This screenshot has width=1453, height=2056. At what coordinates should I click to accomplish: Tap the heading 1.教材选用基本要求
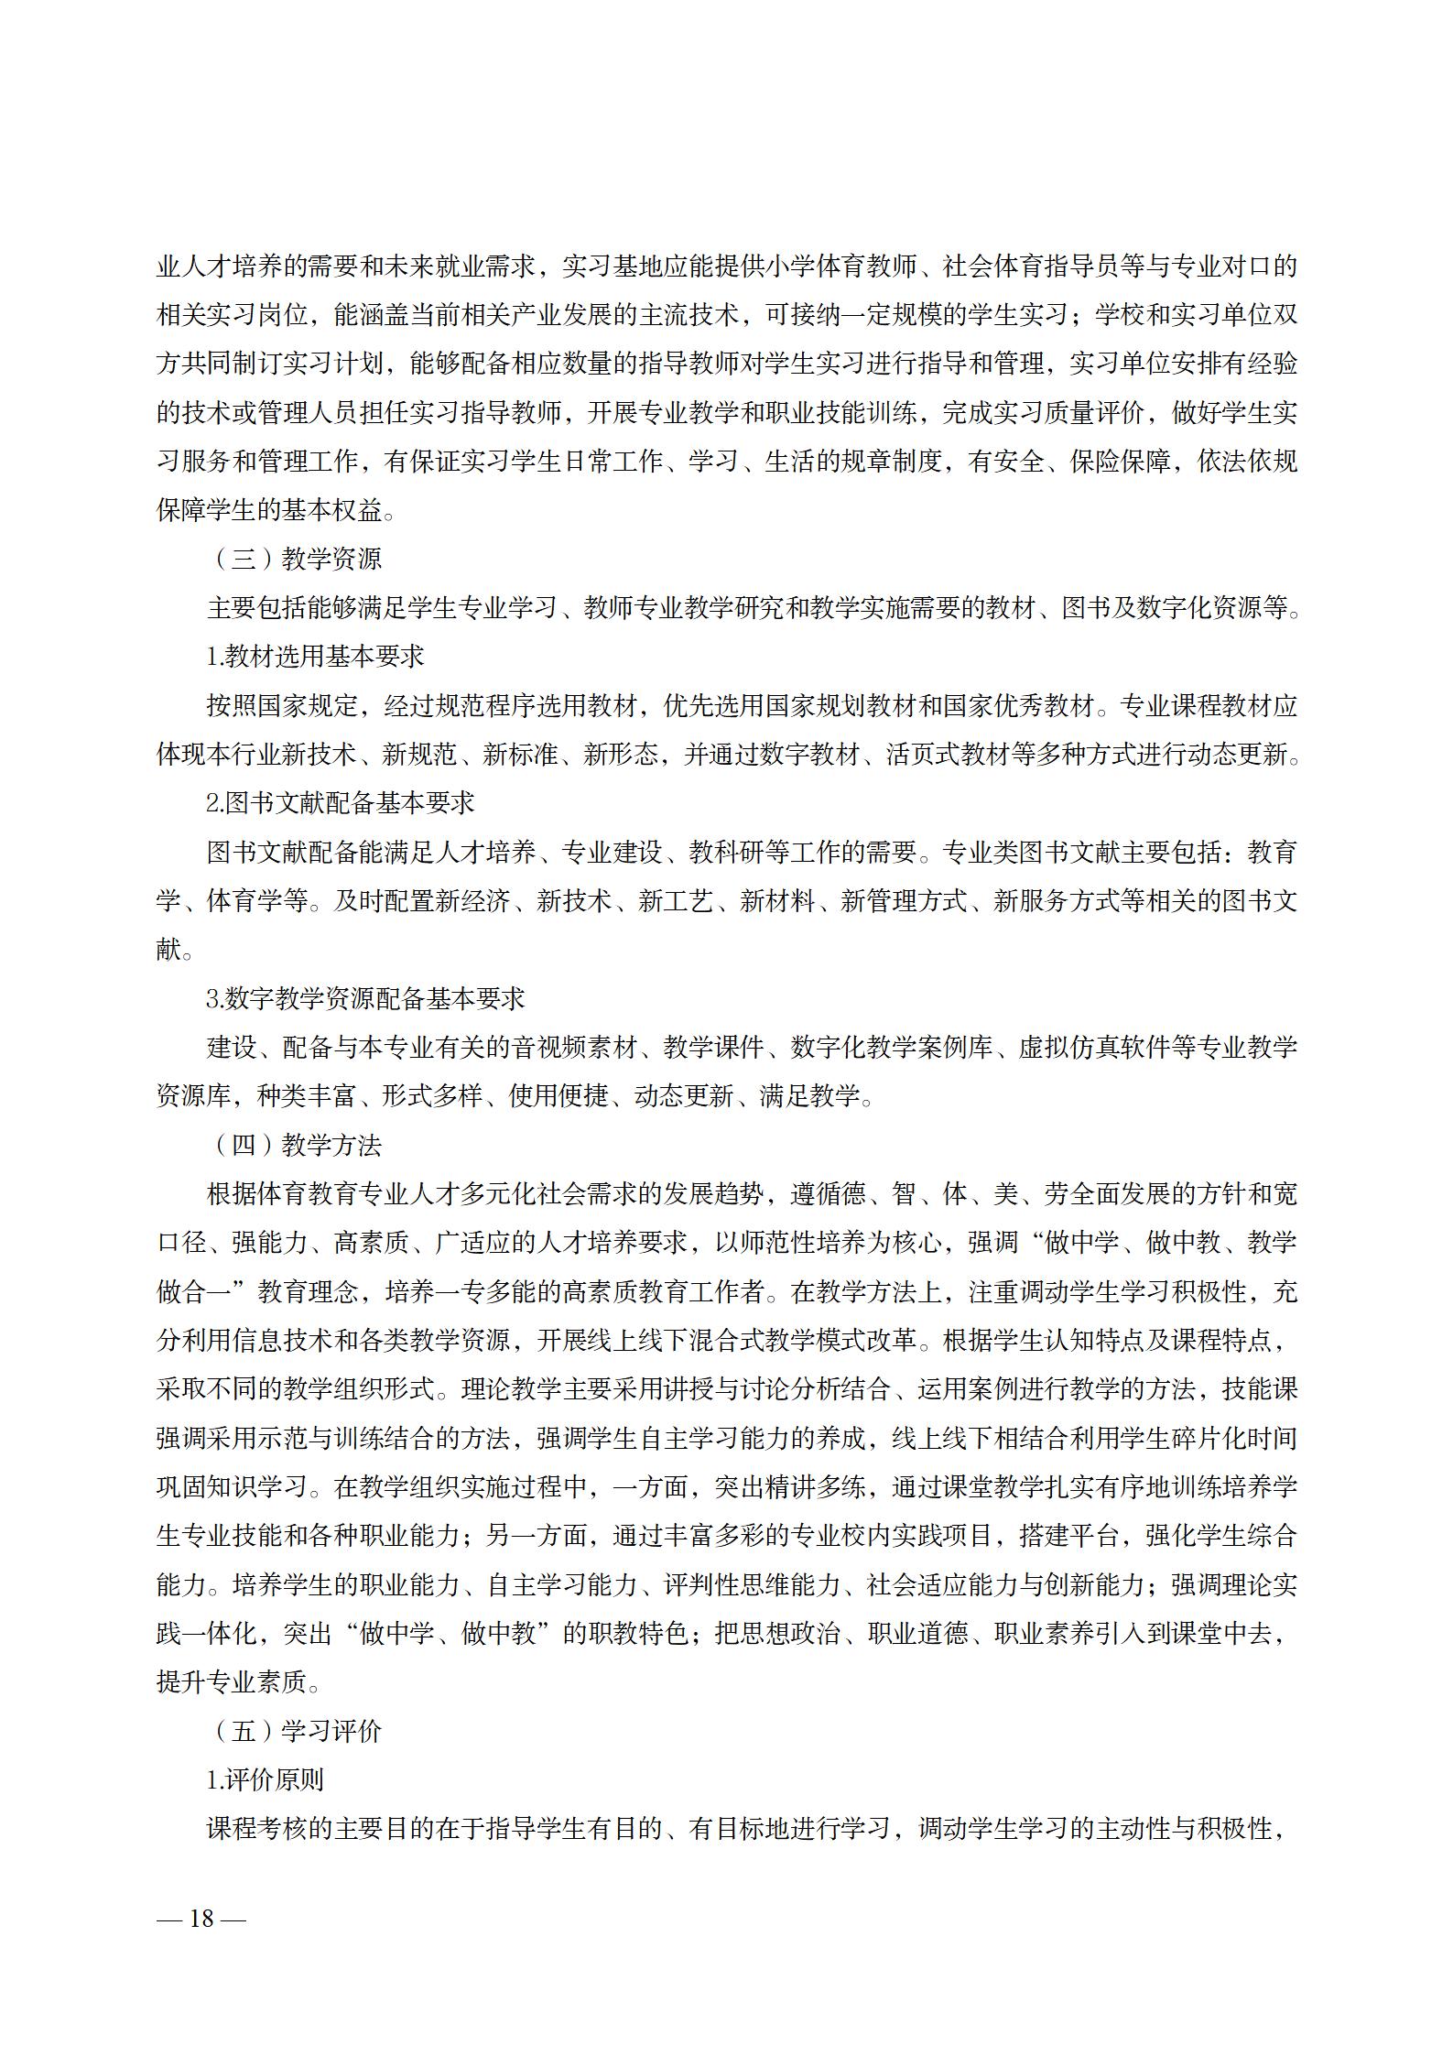(x=315, y=657)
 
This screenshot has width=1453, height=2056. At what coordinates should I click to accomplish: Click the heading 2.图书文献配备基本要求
(x=340, y=803)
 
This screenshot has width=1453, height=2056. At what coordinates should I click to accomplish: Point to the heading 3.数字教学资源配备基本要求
(x=365, y=998)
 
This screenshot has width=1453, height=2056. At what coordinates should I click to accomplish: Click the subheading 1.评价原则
(x=265, y=1780)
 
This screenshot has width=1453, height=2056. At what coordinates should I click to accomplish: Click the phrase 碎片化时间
(x=1232, y=1438)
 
